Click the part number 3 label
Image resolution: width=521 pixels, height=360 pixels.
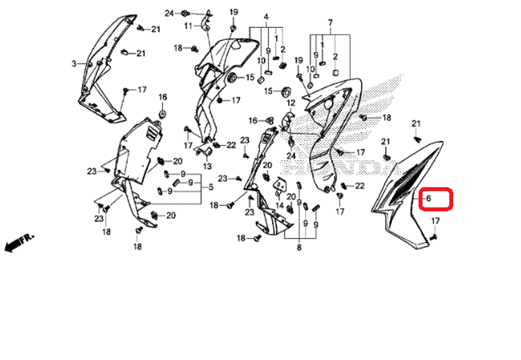click(x=74, y=64)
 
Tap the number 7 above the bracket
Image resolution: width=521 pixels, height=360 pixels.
click(x=330, y=23)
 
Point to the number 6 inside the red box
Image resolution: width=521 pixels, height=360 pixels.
click(x=428, y=198)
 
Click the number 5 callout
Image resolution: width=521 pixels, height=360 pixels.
click(x=211, y=187)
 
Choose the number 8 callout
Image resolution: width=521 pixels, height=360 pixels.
click(x=299, y=248)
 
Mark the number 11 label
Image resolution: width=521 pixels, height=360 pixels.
click(x=188, y=26)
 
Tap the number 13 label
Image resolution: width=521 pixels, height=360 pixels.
click(x=207, y=166)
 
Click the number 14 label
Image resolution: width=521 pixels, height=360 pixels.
click(x=280, y=206)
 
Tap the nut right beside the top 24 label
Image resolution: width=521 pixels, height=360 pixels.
click(x=185, y=13)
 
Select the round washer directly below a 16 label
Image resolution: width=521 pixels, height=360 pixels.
click(x=162, y=114)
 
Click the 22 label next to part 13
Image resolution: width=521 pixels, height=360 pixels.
click(x=231, y=145)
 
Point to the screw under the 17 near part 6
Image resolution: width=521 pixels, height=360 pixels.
click(x=433, y=237)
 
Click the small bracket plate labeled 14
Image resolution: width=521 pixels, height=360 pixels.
click(x=282, y=184)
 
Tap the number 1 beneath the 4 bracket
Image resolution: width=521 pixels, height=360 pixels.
click(x=276, y=38)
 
